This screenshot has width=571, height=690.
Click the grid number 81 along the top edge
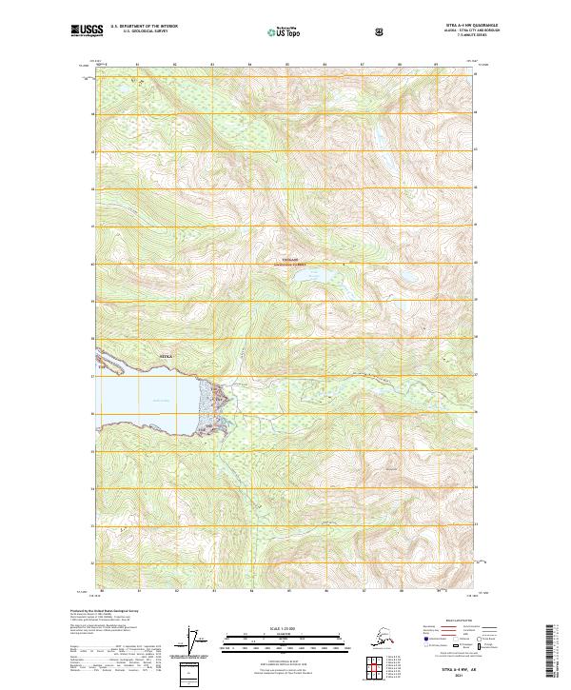(x=137, y=66)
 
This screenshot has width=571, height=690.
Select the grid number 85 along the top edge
(x=287, y=66)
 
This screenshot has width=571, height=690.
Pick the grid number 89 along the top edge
(x=437, y=66)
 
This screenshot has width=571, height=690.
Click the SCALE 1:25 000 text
(x=285, y=629)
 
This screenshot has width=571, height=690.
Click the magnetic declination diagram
(x=196, y=641)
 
